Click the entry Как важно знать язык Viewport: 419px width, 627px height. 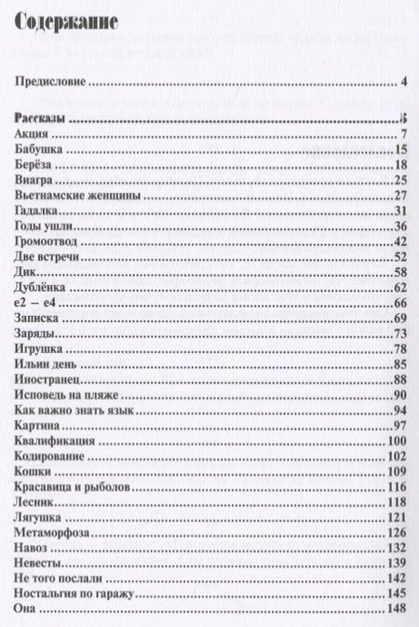pos(70,411)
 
